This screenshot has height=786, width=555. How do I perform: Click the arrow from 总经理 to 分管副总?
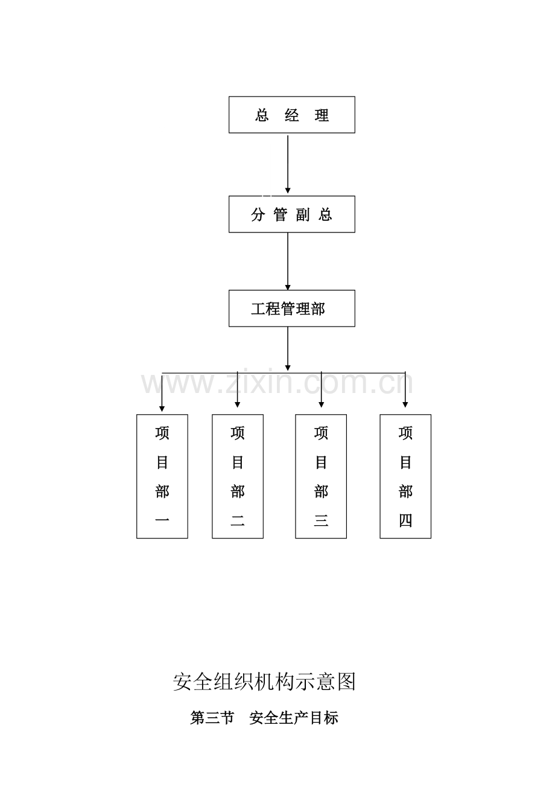click(x=288, y=164)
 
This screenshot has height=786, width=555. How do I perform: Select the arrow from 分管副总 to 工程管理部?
click(x=288, y=261)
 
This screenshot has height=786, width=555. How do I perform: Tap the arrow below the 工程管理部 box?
click(x=288, y=348)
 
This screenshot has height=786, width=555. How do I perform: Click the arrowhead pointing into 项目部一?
click(x=162, y=409)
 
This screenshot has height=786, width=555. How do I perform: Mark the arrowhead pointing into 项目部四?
click(x=405, y=405)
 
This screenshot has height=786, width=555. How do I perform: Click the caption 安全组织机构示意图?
click(x=265, y=682)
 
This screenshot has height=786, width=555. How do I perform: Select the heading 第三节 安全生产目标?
click(x=264, y=718)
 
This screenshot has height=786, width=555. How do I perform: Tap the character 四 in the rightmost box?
click(x=405, y=520)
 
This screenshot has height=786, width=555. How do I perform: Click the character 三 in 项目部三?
click(x=321, y=520)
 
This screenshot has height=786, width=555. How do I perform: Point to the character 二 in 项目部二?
click(x=237, y=521)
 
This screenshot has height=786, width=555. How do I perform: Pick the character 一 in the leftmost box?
click(x=162, y=519)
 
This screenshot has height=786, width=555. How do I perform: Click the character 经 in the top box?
click(x=292, y=115)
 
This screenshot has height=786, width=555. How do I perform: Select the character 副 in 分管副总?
click(x=303, y=214)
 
